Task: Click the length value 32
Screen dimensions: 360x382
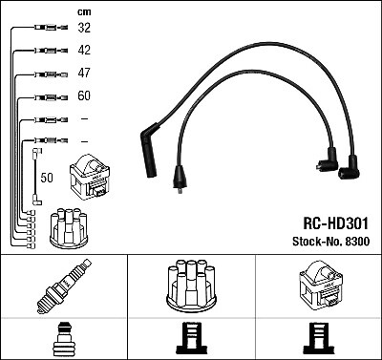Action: click(x=85, y=29)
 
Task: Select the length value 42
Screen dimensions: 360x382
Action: click(x=85, y=51)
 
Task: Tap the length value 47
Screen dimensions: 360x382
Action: click(x=85, y=74)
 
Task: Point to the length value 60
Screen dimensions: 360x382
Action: click(x=85, y=96)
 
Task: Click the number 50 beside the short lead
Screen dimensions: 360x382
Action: click(x=46, y=178)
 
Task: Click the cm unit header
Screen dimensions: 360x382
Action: click(x=83, y=11)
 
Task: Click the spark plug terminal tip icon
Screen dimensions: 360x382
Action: click(x=63, y=339)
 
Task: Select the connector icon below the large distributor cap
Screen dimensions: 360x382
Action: click(x=190, y=339)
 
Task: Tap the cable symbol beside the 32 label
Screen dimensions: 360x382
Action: click(x=44, y=29)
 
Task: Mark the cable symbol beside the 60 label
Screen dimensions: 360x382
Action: click(x=44, y=96)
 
